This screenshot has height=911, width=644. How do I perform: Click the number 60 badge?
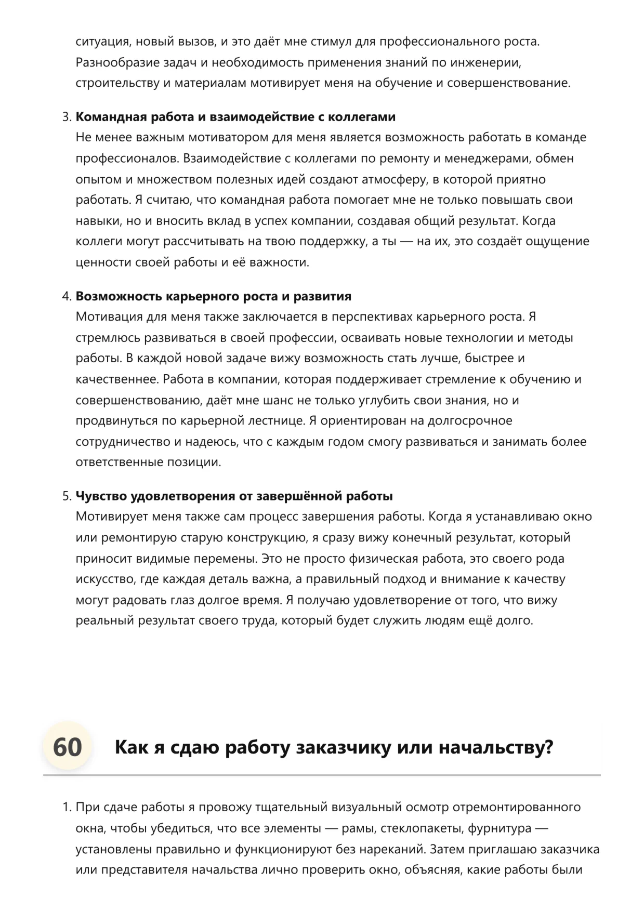click(x=68, y=748)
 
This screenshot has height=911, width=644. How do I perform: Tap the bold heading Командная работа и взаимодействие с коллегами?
click(x=235, y=117)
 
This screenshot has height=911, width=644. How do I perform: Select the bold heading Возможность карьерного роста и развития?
click(x=213, y=296)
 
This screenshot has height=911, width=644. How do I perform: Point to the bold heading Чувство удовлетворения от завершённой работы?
click(x=234, y=496)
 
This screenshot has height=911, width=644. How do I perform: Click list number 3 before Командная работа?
click(x=66, y=117)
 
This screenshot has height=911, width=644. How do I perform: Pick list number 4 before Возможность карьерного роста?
click(x=66, y=296)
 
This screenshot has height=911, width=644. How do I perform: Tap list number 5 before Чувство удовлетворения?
click(x=66, y=496)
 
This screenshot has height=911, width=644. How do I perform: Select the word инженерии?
click(x=490, y=62)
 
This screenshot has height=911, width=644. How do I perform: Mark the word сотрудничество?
click(x=123, y=442)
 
